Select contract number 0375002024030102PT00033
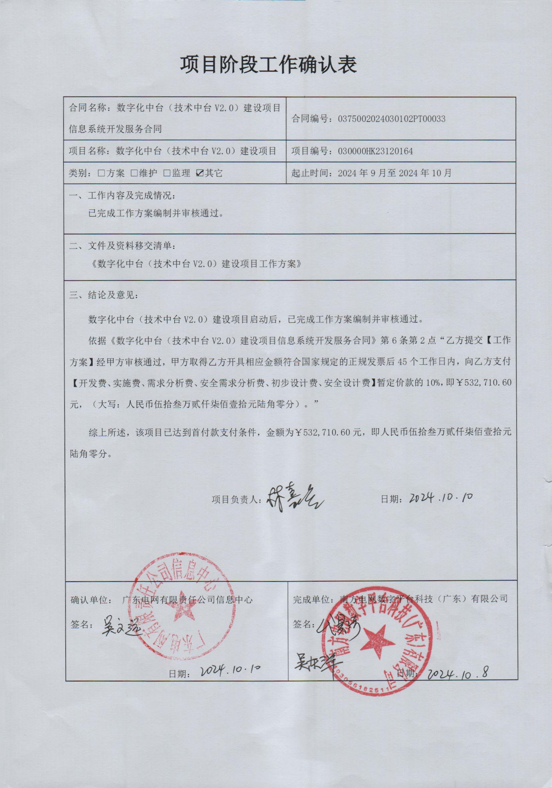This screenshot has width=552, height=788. (391, 119)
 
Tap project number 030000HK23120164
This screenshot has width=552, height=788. (375, 151)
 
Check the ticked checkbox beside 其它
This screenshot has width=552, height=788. (199, 173)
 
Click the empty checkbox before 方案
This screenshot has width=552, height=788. (101, 173)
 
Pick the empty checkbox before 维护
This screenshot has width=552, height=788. (134, 173)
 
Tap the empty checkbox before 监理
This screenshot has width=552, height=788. (167, 173)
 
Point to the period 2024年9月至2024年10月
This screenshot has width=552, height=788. (394, 173)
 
